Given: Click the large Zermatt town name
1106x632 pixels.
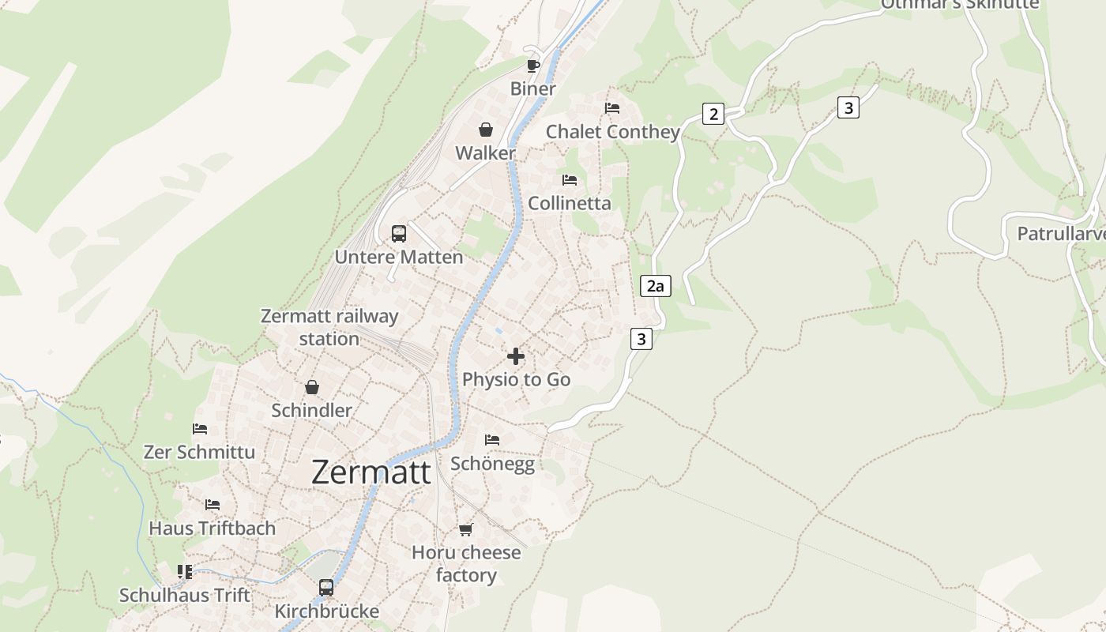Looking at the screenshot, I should (x=371, y=472).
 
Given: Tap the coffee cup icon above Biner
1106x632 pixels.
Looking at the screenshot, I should (x=533, y=65).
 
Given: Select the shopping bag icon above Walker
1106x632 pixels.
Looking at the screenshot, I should (x=486, y=130).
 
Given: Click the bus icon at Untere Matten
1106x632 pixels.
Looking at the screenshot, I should (x=399, y=234).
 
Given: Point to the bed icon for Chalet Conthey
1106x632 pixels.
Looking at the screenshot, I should (x=612, y=108).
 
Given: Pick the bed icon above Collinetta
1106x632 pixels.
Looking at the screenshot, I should (x=570, y=180).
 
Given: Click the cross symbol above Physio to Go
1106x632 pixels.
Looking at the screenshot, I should (x=516, y=356).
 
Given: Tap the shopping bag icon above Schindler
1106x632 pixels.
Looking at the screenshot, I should (x=312, y=387).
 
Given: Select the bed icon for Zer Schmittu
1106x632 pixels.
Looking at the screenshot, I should (x=200, y=429).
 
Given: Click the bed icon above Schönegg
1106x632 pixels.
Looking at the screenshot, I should (x=492, y=439).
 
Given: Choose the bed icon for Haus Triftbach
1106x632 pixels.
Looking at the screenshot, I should (x=213, y=505).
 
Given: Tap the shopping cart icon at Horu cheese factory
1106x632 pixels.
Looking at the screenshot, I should (x=466, y=529).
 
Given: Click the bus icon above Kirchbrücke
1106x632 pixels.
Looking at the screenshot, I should (x=326, y=588).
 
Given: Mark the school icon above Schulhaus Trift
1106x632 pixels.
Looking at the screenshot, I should (x=185, y=571).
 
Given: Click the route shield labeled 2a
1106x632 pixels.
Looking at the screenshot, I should (x=655, y=286).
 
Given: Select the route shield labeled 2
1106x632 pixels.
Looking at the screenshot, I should (x=713, y=114).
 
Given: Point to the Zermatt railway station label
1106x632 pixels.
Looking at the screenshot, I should (x=329, y=327).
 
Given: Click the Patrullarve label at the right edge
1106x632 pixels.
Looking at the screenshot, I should (x=1060, y=234).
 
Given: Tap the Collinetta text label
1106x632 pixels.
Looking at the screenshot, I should (x=569, y=203).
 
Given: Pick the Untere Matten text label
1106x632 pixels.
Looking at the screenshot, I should (x=399, y=257).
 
